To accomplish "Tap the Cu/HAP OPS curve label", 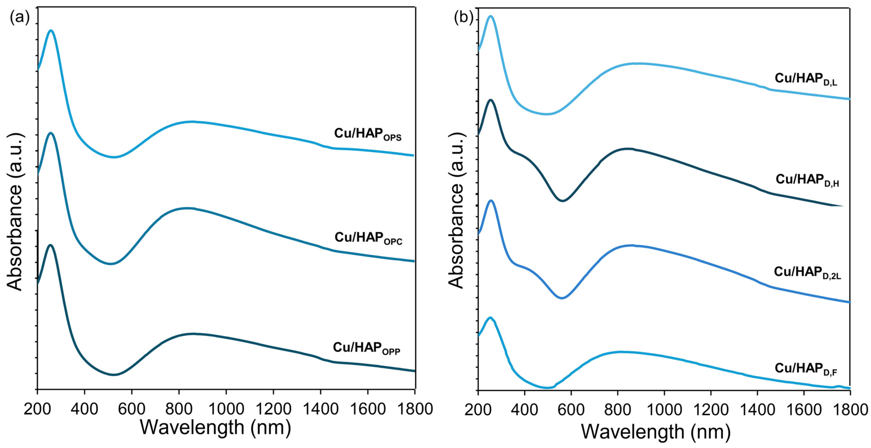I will pyautogui.click(x=368, y=134).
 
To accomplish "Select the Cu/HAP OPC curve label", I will pyautogui.click(x=368, y=238).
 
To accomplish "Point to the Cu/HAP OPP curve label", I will pyautogui.click(x=366, y=348).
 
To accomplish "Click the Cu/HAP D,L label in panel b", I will pyautogui.click(x=806, y=79).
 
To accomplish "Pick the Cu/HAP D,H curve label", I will pyautogui.click(x=806, y=180).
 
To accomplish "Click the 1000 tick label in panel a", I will pyautogui.click(x=226, y=409).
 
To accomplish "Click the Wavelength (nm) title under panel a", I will pyautogui.click(x=215, y=427).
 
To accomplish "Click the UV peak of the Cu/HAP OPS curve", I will pyautogui.click(x=51, y=30).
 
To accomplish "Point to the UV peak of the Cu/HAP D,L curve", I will pyautogui.click(x=491, y=16).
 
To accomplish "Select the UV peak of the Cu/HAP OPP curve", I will pyautogui.click(x=51, y=245).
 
